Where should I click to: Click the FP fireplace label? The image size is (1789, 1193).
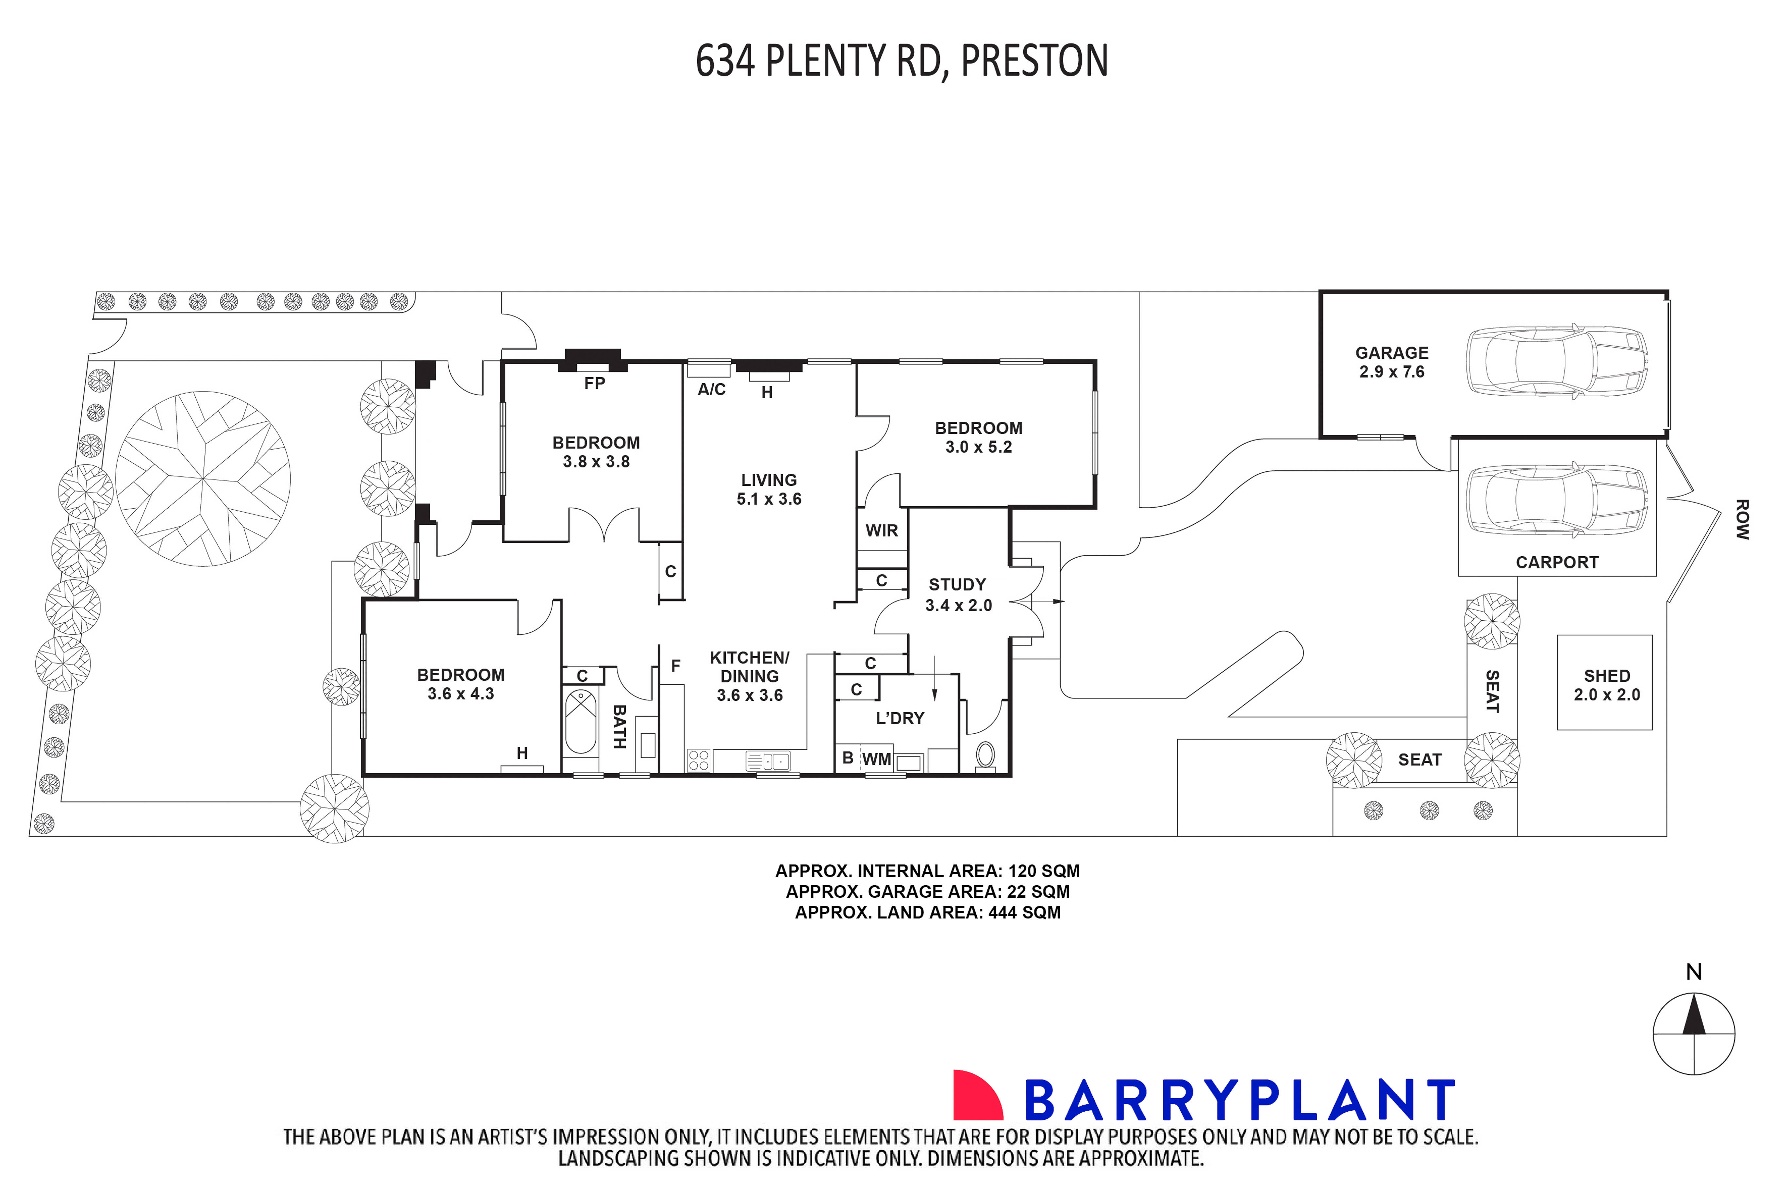[594, 384]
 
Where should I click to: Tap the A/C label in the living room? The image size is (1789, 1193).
[711, 389]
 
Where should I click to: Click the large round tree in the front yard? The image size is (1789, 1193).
[203, 479]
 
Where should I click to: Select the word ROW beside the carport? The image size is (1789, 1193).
[1742, 520]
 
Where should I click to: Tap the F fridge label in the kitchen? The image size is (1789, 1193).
[675, 666]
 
